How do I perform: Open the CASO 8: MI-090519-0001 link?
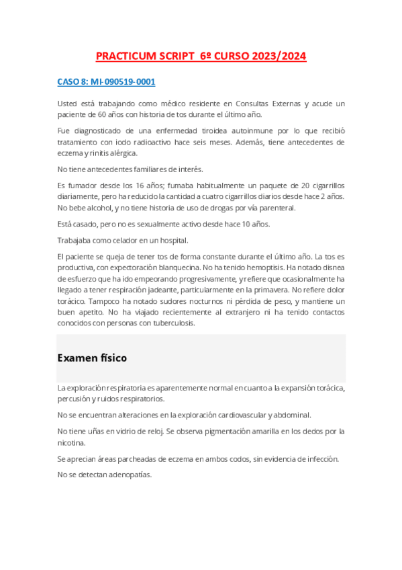(106, 82)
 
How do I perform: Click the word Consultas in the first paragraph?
(254, 104)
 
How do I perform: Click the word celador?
(132, 240)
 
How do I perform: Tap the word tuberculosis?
(173, 323)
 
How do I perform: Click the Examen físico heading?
(93, 358)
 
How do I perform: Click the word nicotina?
(72, 442)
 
